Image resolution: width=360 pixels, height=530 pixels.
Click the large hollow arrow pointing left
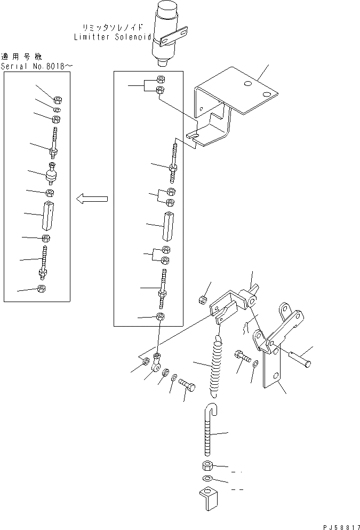point(92,199)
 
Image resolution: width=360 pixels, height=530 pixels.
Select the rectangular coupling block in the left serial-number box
point(49,216)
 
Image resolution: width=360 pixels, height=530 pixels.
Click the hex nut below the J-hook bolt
point(209,465)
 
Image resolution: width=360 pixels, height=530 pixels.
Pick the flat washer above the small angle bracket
point(208,478)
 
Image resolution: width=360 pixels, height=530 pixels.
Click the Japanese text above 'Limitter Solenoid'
point(114,27)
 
